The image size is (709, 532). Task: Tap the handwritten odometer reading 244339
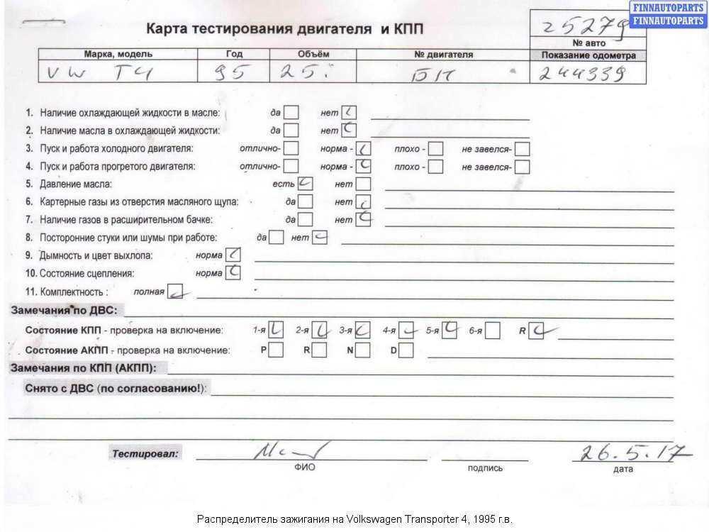pos(582,73)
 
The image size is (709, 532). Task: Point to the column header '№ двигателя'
pos(444,55)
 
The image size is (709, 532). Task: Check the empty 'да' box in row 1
pos(291,113)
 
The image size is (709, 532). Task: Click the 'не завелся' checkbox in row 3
pos(523,150)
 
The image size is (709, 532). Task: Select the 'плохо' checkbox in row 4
pos(436,167)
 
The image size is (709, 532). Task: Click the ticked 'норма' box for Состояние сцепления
pos(233,272)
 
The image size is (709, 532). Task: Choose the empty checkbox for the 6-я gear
pos(493,331)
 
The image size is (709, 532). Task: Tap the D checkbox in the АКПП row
pos(406,350)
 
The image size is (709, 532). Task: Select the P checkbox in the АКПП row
pos(276,350)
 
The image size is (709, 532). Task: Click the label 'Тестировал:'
pos(145,453)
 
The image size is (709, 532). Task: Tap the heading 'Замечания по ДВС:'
pos(67,310)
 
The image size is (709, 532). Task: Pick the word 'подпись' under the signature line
pos(485,468)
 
